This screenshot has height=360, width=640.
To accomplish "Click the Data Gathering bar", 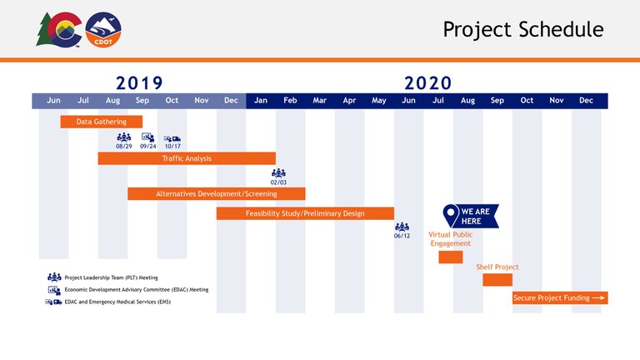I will (101, 122).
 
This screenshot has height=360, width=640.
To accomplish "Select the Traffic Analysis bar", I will (187, 158).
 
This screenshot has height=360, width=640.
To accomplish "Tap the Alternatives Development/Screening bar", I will (216, 194).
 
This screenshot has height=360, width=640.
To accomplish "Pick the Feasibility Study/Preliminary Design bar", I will (305, 213).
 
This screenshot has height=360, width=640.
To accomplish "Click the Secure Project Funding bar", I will (559, 297).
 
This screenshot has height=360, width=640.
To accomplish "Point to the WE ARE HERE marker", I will (471, 216).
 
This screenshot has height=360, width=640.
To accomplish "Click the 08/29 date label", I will (124, 146).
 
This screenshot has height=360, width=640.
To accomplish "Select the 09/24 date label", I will (148, 146).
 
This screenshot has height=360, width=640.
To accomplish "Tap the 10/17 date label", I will (172, 146).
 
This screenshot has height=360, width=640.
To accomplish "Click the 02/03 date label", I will (278, 182).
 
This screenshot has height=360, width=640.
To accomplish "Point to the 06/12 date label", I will (402, 236).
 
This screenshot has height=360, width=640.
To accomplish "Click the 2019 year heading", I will (139, 82).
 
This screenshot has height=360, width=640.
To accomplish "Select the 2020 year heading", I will (427, 82).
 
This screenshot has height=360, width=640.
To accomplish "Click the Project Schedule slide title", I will (522, 29).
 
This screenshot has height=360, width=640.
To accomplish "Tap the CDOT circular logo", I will (103, 30).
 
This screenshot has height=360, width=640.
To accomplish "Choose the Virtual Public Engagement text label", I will (450, 239).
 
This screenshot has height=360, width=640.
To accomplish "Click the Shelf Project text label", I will (497, 267).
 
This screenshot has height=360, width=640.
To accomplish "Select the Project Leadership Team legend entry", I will (111, 277).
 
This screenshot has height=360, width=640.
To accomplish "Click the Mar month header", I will (319, 101).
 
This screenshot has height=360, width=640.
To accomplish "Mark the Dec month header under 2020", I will (586, 101).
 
